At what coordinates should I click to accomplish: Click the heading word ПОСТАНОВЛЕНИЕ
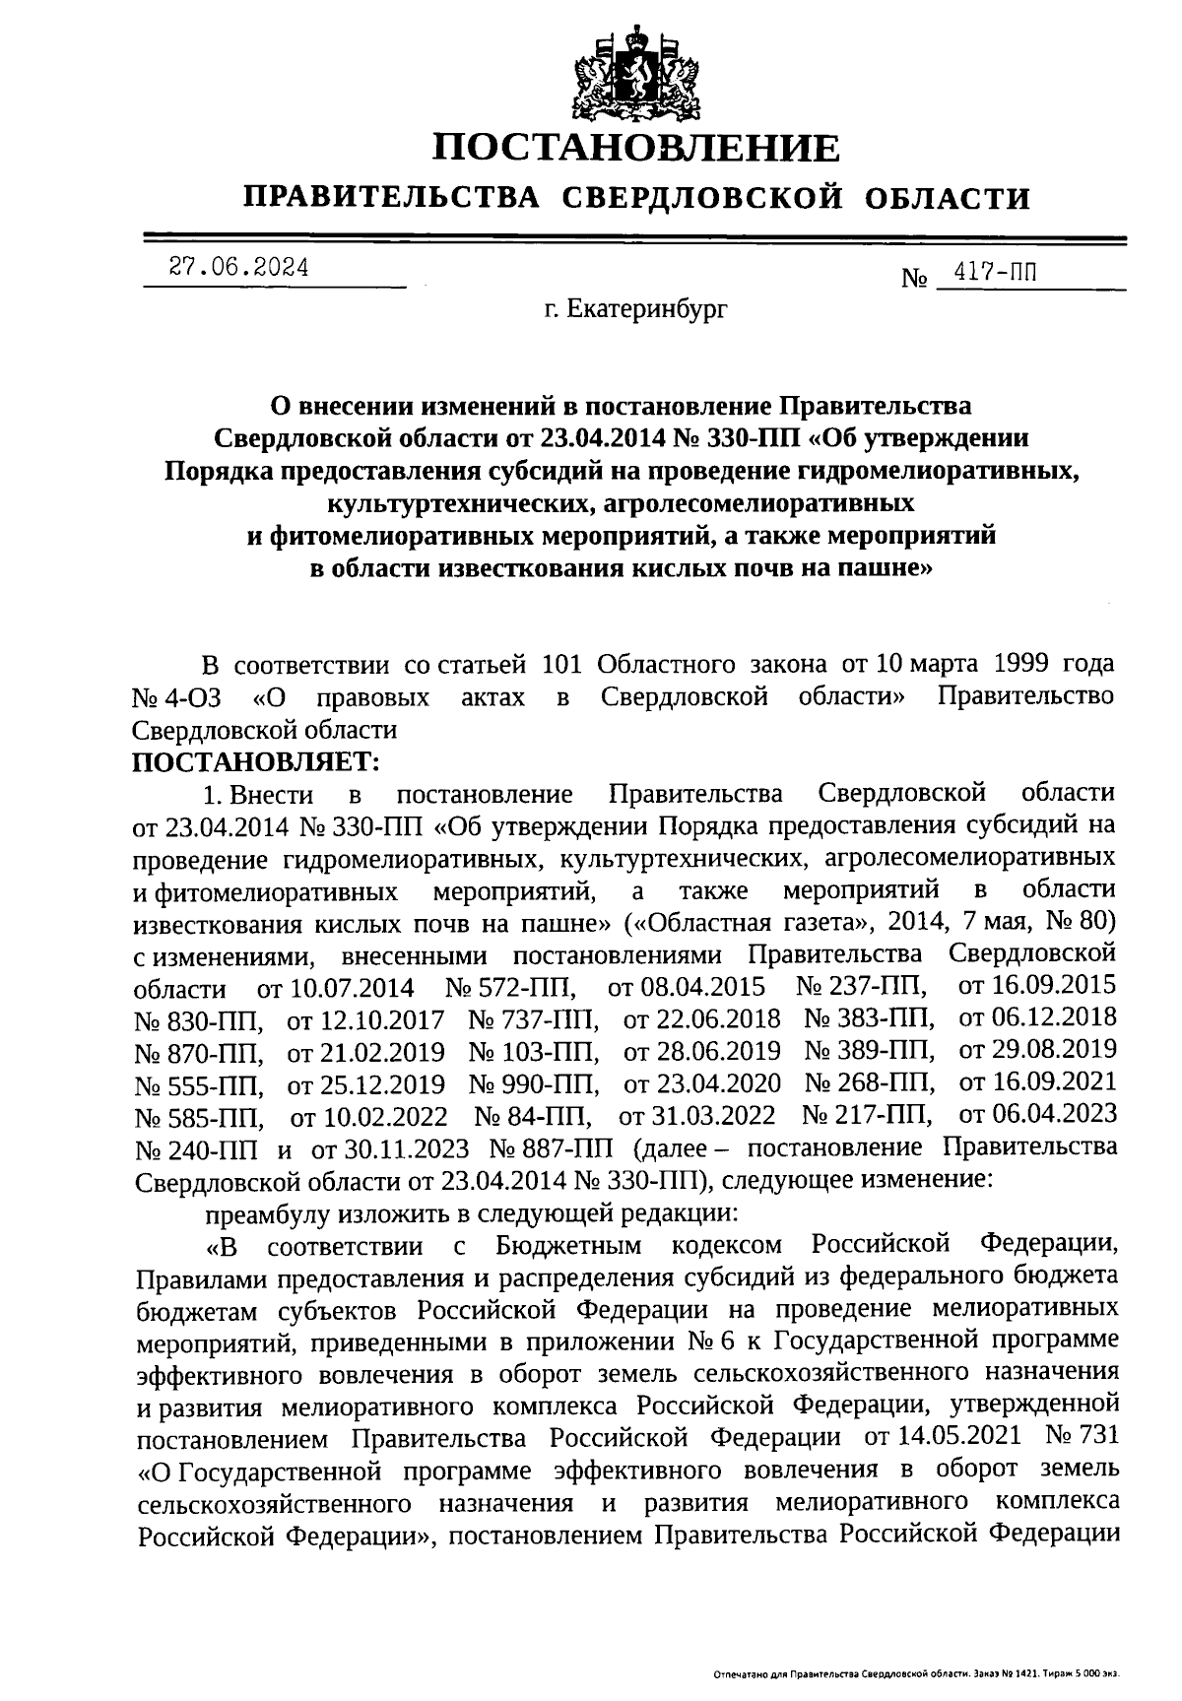[x=638, y=148]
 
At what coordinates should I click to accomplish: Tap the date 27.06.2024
[x=238, y=267]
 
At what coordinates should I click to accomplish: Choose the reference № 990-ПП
[x=534, y=1083]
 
